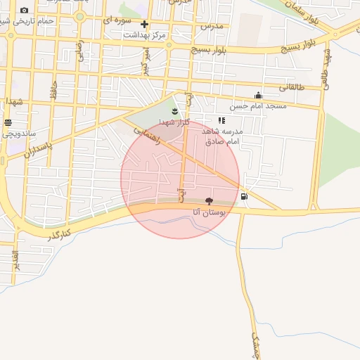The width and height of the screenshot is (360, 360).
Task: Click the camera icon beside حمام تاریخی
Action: [x=25, y=11]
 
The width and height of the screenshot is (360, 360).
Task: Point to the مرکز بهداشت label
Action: [x=143, y=34]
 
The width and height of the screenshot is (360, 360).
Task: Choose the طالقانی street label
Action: [x=291, y=88]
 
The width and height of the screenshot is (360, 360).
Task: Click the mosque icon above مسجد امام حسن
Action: [x=259, y=96]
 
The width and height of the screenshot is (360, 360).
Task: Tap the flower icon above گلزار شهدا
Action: [x=174, y=111]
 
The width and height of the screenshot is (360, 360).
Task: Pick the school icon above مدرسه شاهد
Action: [x=222, y=120]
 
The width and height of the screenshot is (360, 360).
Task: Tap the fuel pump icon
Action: [x=244, y=196]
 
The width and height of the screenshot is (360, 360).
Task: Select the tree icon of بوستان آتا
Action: [x=209, y=201]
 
